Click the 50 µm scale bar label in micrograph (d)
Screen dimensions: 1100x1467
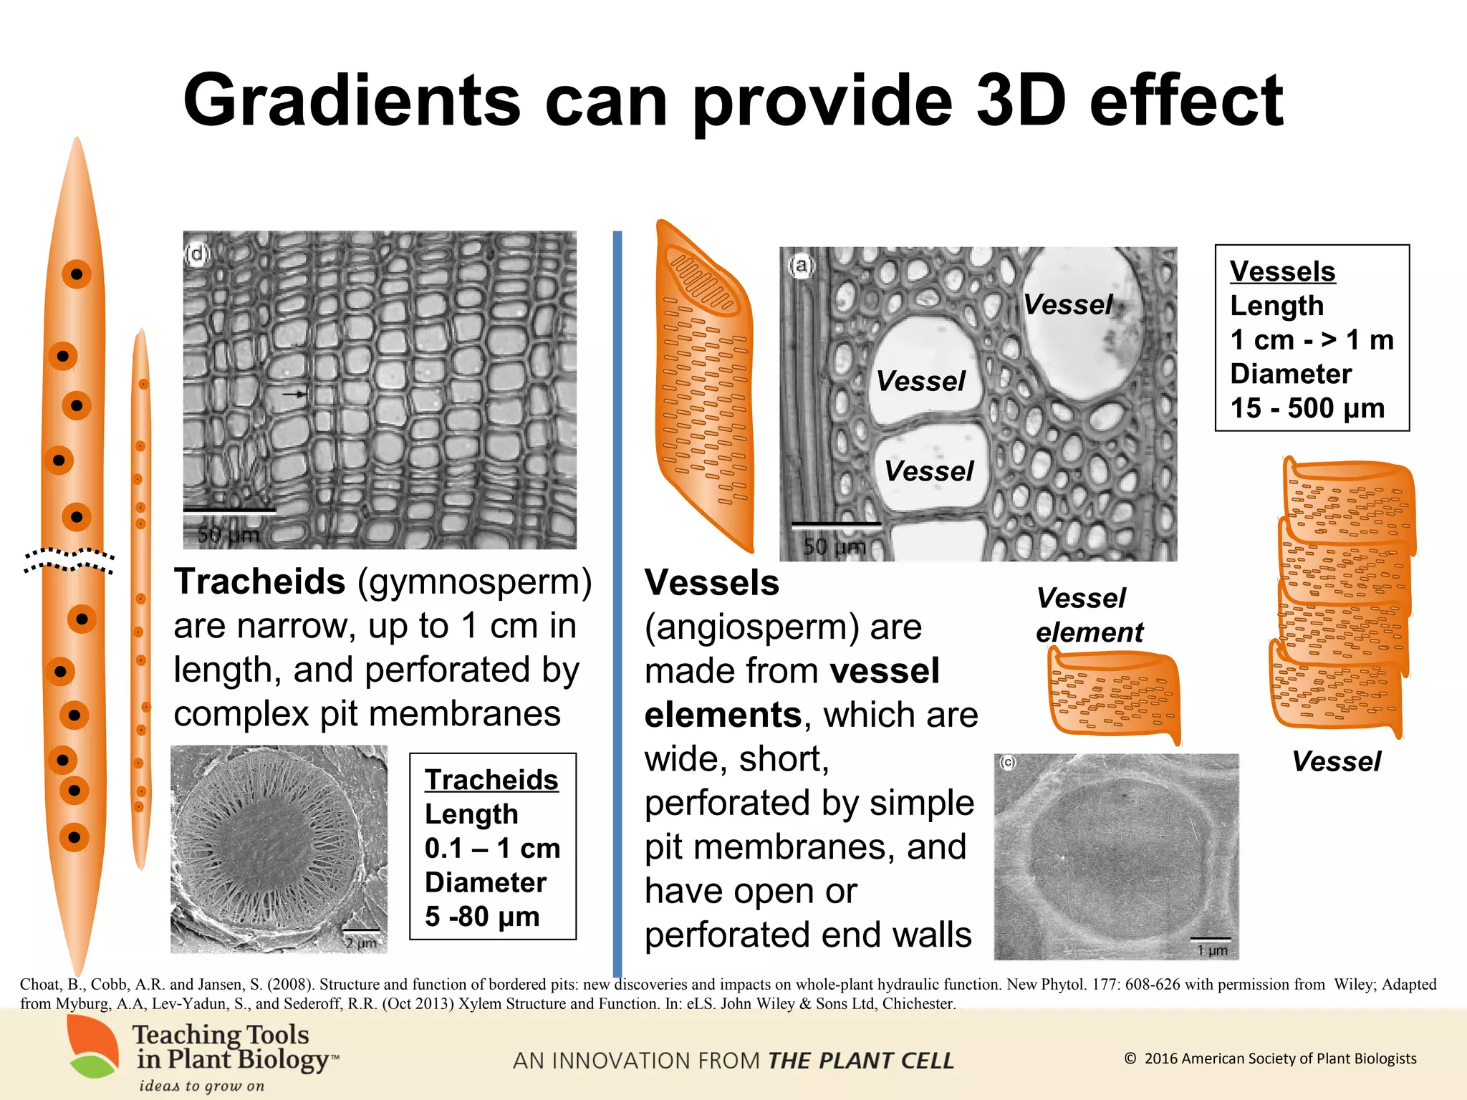click(x=228, y=534)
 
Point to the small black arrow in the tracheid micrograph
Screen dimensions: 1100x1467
click(x=294, y=394)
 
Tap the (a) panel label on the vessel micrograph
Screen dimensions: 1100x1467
click(x=802, y=266)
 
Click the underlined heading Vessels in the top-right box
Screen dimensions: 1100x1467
click(x=1282, y=271)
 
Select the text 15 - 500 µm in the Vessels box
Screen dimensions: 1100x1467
click(x=1307, y=408)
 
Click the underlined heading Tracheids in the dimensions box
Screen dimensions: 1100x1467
click(x=491, y=780)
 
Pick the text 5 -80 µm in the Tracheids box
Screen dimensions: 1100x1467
click(x=481, y=917)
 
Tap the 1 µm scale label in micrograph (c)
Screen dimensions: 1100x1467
click(x=1212, y=950)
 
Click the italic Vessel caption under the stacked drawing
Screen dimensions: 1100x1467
click(x=1336, y=761)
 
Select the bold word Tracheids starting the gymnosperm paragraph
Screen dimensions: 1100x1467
click(x=259, y=582)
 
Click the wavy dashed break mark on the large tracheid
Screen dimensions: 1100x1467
click(x=69, y=560)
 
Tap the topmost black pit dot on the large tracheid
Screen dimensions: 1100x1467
click(x=76, y=274)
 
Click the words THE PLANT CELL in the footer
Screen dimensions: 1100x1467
click(x=860, y=1061)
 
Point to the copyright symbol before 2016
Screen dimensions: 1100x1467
click(x=1130, y=1058)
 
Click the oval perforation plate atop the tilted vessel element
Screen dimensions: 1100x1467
click(x=701, y=279)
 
